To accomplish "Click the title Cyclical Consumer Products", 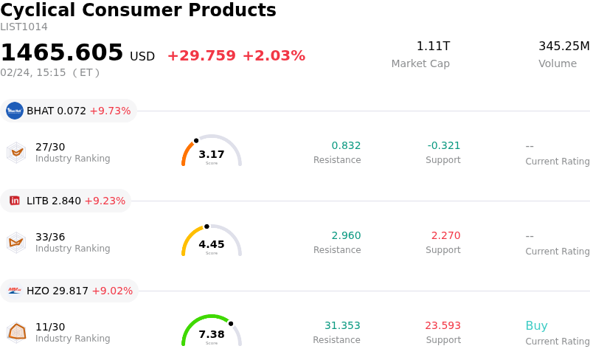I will tap(138, 11).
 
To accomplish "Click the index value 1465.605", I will tap(62, 53).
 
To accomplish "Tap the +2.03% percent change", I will tap(274, 56).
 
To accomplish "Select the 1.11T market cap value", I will tap(433, 46).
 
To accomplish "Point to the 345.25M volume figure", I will tap(563, 46).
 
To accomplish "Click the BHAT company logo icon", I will tap(15, 111).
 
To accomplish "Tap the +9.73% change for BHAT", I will tap(110, 111).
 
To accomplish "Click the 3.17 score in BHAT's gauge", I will tap(212, 154).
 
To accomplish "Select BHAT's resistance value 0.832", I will tap(346, 145).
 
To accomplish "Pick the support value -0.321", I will tap(444, 145).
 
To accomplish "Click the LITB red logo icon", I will tap(15, 201).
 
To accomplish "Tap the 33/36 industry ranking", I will tap(50, 237).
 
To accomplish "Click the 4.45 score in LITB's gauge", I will tap(212, 244).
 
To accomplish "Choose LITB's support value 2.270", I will tap(445, 235).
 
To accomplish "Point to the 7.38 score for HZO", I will tap(212, 334).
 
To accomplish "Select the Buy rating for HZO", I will tap(536, 326).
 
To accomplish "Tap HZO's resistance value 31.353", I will tap(342, 325).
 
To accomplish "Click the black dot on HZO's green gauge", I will tap(231, 323).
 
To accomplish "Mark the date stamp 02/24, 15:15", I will tap(33, 72).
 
